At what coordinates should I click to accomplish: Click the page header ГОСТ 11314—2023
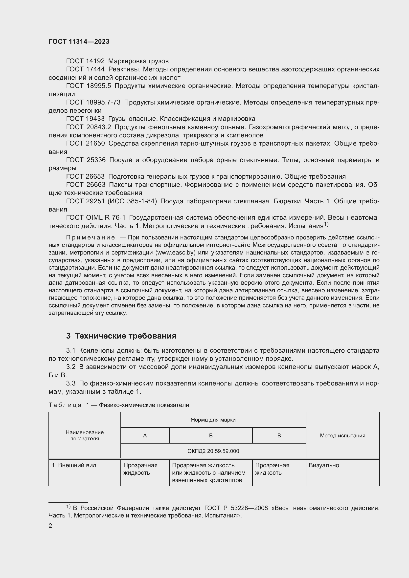pyautogui.click(x=79, y=42)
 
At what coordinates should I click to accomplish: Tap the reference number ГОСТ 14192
pyautogui.click(x=85, y=61)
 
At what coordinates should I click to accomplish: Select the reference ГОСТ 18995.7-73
pyautogui.click(x=93, y=103)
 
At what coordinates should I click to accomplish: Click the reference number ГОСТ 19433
pyautogui.click(x=85, y=119)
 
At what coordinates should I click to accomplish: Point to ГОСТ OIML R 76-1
pyautogui.click(x=96, y=218)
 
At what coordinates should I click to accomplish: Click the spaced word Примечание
pyautogui.click(x=91, y=238)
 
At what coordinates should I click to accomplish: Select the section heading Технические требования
pyautogui.click(x=125, y=336)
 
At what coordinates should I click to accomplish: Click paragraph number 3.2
pyautogui.click(x=71, y=367)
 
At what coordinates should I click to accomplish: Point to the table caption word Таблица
pyautogui.click(x=65, y=405)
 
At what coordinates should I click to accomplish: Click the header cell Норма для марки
pyautogui.click(x=213, y=420)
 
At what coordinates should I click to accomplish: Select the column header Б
pyautogui.click(x=211, y=435)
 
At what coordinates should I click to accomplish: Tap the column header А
pyautogui.click(x=145, y=435)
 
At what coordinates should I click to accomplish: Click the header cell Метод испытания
pyautogui.click(x=342, y=435)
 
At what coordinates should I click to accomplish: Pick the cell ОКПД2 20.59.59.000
pyautogui.click(x=213, y=451)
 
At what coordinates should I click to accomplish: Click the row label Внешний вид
pyautogui.click(x=77, y=465)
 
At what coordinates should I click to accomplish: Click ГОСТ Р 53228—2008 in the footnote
pyautogui.click(x=236, y=508)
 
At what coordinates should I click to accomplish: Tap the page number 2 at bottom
pyautogui.click(x=50, y=526)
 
